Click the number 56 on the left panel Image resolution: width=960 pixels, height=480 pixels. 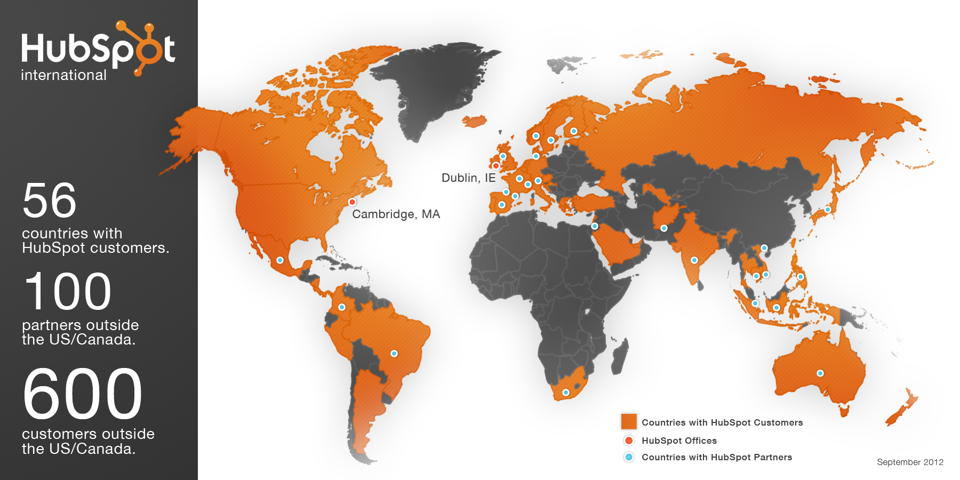(50, 201)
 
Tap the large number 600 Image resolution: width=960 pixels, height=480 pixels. (83, 394)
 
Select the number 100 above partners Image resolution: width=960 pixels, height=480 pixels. (68, 291)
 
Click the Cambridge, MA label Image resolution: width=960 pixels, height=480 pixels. (396, 214)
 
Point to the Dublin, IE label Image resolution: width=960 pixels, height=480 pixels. (468, 178)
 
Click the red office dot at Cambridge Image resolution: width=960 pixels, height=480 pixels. (352, 202)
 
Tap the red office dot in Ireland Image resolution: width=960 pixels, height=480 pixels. (495, 166)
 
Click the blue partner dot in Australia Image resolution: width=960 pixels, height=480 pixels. (820, 373)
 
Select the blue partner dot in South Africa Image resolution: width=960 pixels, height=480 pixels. (566, 393)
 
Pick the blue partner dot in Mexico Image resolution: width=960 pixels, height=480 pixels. (280, 260)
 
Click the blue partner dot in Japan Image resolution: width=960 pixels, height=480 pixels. (828, 210)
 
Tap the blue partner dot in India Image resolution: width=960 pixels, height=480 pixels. (694, 260)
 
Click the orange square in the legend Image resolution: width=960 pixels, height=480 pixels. (629, 421)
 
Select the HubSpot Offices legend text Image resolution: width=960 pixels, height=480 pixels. (679, 441)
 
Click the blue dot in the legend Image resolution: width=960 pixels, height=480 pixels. (629, 457)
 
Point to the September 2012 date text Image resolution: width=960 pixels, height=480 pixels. (910, 462)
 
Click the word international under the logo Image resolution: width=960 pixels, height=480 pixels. (63, 75)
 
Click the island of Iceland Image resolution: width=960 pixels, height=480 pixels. (474, 122)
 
